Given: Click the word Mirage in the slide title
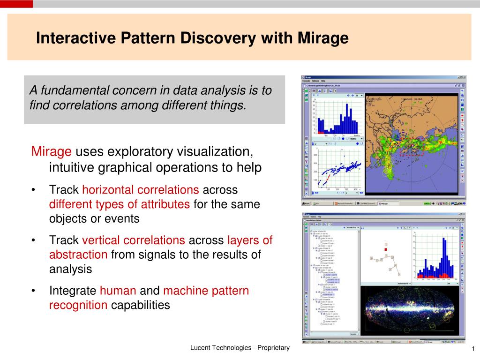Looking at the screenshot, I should coord(323,38).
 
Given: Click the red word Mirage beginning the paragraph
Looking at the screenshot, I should coord(51,152).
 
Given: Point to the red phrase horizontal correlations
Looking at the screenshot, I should coord(141,190).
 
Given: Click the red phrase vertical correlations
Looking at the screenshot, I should coord(134,240).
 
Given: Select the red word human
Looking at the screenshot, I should coord(118,291).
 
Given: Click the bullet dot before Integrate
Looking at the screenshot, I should coord(34,291).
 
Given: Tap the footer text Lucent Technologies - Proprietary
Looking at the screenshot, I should coord(240,348).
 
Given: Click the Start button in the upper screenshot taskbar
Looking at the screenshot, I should coord(307,203).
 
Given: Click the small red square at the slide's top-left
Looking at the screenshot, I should coord(16,4).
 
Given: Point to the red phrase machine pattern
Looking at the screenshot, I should coord(206,291).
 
